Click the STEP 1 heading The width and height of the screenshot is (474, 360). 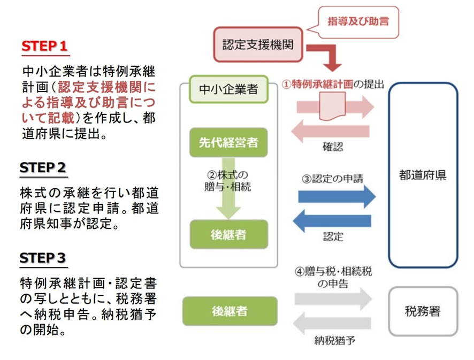click(45, 46)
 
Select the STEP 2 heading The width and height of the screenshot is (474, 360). click(43, 167)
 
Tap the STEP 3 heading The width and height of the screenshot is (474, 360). click(43, 258)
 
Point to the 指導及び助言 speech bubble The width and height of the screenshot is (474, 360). click(358, 22)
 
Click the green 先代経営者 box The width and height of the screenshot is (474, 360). click(228, 142)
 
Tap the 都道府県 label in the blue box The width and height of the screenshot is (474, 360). click(423, 175)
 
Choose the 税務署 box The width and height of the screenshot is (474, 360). click(423, 311)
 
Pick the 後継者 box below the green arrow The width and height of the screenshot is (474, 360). click(228, 234)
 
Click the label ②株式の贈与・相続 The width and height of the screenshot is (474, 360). click(228, 181)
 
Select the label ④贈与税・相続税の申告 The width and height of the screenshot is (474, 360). click(333, 277)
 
